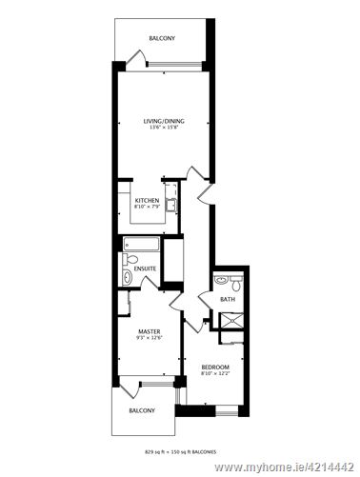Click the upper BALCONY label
pyautogui.click(x=160, y=39)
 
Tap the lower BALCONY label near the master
pyautogui.click(x=142, y=409)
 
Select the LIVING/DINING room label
pyautogui.click(x=163, y=122)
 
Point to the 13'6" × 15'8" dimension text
pyautogui.click(x=163, y=129)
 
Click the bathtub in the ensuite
pyautogui.click(x=140, y=244)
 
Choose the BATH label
pyautogui.click(x=227, y=300)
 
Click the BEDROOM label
pyautogui.click(x=215, y=367)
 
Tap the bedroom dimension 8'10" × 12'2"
pyautogui.click(x=215, y=374)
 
